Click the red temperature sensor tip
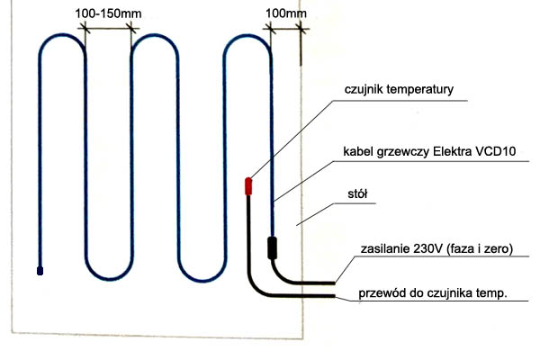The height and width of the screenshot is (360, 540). [x=249, y=186]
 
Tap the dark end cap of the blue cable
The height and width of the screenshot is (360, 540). [x=40, y=269]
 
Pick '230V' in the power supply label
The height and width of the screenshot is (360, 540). [x=427, y=249]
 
